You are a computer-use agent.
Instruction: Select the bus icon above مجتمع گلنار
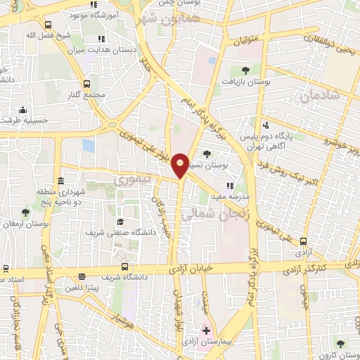coord(86,83)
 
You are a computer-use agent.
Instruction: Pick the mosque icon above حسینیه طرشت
coord(23,109)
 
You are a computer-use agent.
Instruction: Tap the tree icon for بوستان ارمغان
coord(25,212)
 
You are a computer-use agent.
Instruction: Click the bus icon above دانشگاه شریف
coord(124,266)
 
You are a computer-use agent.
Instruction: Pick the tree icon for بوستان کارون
coord(340,344)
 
